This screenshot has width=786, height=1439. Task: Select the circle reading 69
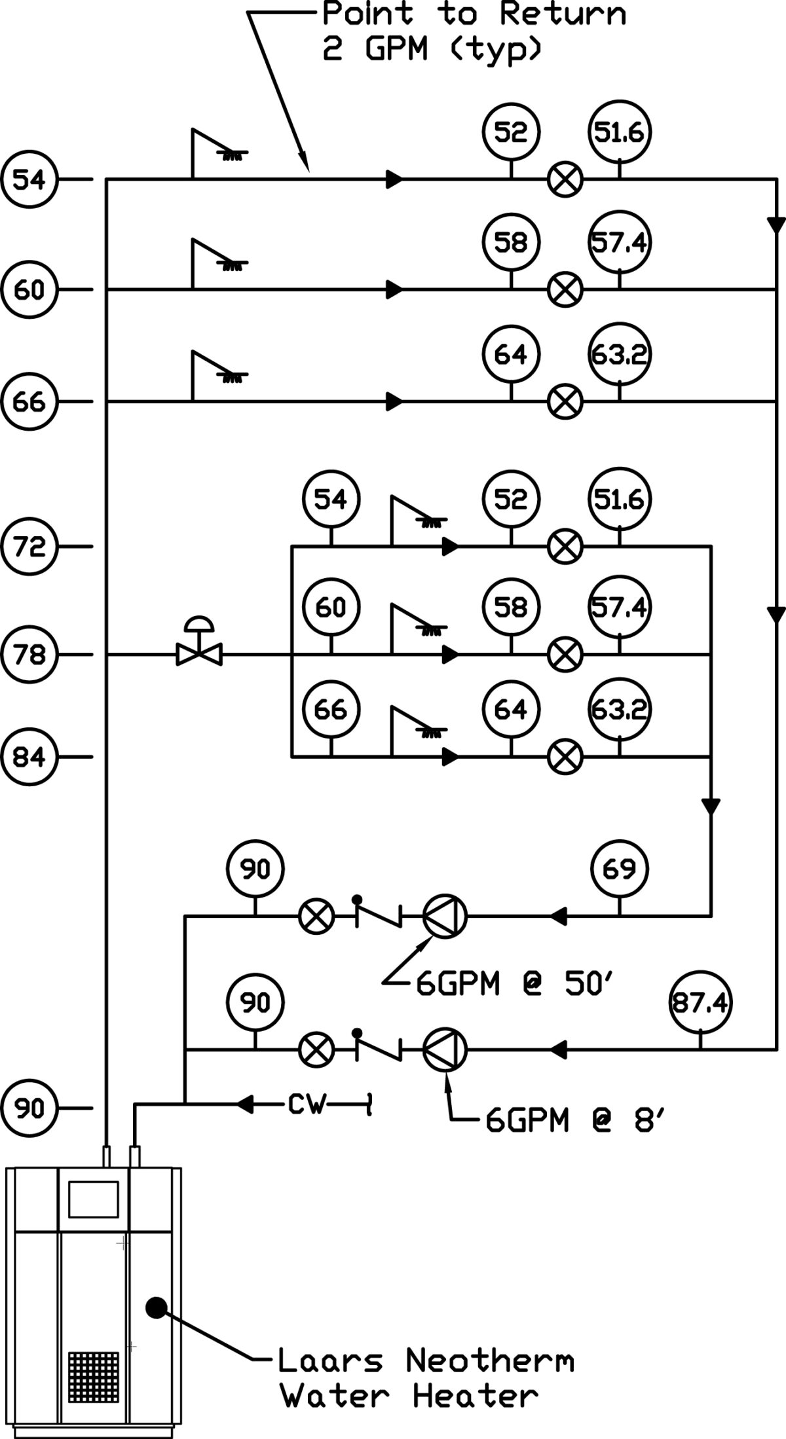619,869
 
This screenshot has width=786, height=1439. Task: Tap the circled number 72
29,545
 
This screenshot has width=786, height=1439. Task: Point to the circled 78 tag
29,653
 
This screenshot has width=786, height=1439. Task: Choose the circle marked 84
29,757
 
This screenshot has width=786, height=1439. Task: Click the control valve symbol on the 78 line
199,648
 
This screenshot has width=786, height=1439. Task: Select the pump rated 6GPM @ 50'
445,916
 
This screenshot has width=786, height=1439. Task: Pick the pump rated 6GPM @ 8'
445,1050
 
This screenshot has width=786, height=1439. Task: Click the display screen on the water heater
94,1200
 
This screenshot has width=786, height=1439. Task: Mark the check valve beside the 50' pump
378,915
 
